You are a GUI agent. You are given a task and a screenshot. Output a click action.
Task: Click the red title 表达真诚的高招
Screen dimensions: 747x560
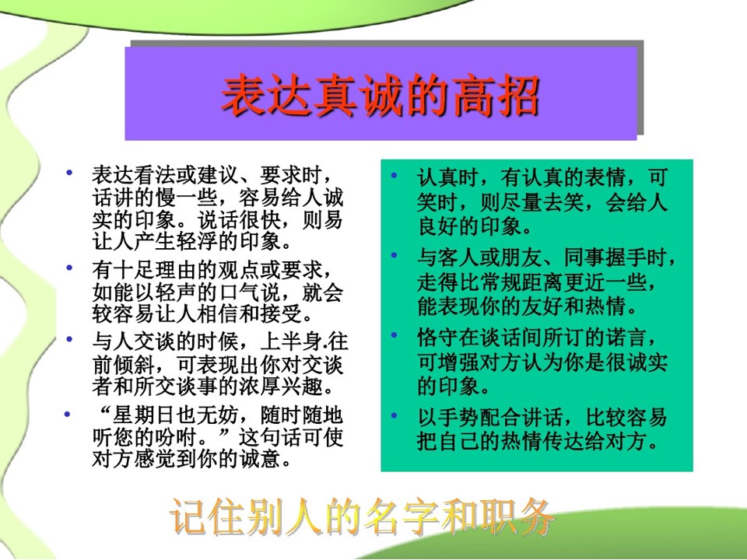[x=381, y=96]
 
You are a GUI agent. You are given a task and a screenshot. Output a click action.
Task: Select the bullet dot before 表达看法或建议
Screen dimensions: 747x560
[x=69, y=172]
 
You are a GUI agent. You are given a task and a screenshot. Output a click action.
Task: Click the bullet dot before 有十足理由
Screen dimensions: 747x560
[x=69, y=268]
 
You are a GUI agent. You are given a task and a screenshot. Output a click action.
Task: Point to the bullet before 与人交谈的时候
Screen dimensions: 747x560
[x=69, y=339]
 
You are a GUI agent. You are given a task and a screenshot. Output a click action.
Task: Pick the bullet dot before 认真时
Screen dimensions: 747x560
[x=394, y=175]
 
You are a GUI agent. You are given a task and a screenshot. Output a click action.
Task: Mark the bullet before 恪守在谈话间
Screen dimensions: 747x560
[x=394, y=334]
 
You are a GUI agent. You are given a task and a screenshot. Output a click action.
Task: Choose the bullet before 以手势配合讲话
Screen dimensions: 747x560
[x=394, y=415]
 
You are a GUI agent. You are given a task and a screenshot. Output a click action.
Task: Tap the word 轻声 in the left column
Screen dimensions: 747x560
[x=177, y=292]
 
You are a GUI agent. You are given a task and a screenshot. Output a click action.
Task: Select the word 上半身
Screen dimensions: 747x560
[x=292, y=342]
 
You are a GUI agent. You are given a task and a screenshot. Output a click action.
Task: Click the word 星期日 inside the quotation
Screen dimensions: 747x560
[x=145, y=415]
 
